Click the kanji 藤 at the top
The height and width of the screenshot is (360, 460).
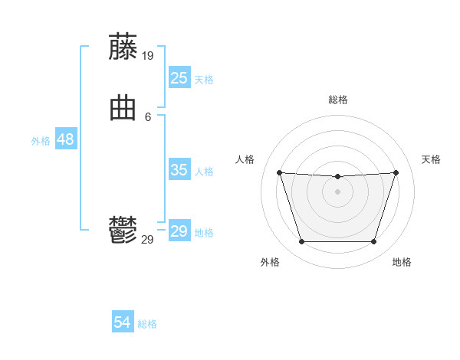coord(123,47)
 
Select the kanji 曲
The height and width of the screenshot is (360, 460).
coord(123,109)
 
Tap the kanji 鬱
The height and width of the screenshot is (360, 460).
coord(123,231)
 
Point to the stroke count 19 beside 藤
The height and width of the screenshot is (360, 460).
coord(148,56)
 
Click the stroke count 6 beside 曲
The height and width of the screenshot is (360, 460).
coord(148,117)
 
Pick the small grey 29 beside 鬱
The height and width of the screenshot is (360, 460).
coord(148,240)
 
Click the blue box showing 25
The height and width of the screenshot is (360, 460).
coord(179,78)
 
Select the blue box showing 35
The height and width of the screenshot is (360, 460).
coord(179,170)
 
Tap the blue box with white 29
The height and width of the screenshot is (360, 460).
coord(179,231)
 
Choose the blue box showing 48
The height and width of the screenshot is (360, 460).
coord(65,140)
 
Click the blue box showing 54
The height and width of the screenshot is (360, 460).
coord(123,323)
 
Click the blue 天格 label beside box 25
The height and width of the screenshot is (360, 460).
coord(204,80)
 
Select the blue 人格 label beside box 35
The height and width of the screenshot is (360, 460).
coord(204,172)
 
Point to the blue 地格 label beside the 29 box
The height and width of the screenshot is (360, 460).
coord(204,233)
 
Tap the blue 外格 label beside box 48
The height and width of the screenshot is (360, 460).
coord(41,141)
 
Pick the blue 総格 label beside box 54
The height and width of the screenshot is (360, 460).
coord(147,325)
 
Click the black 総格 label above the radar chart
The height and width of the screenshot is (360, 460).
coord(337,100)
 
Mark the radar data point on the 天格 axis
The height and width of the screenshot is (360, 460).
coord(396,172)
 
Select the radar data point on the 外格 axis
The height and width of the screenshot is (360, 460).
coord(301,242)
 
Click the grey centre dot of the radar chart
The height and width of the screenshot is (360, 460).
coord(337,191)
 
